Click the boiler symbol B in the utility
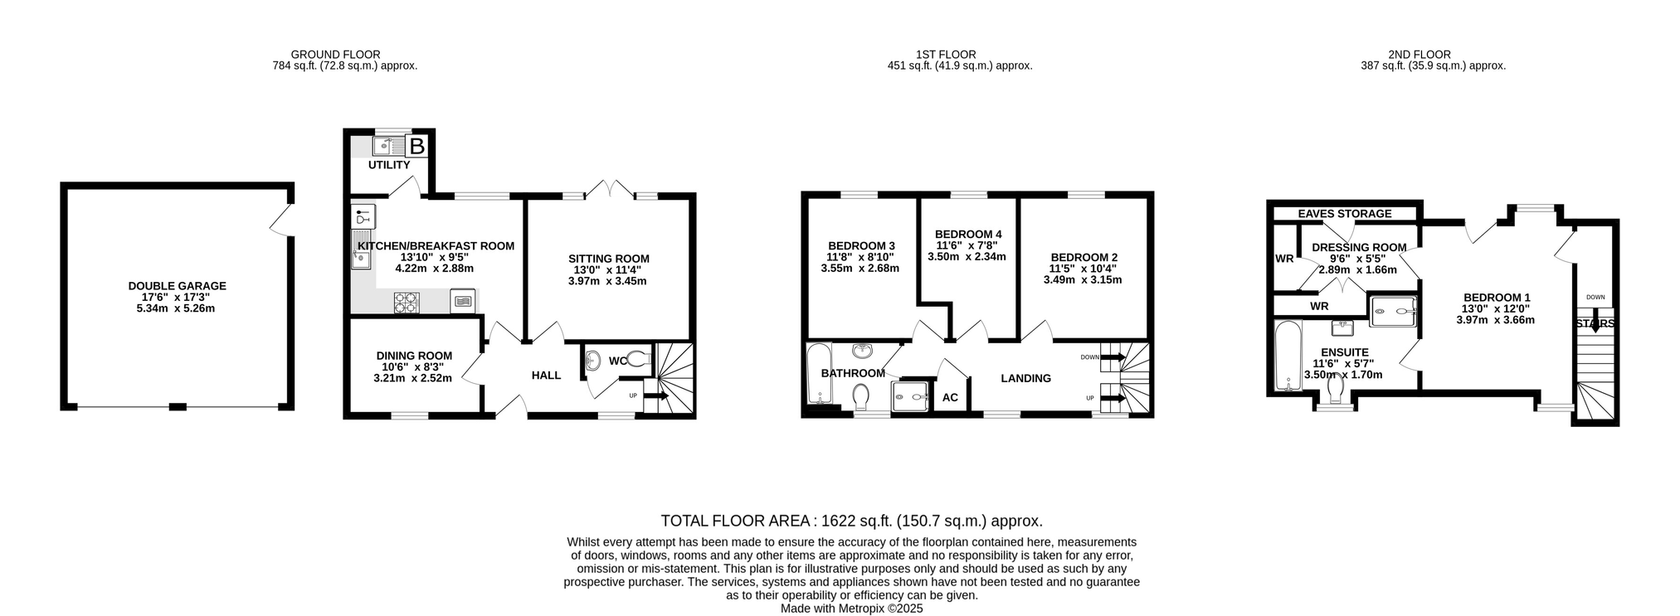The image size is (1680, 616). tap(417, 147)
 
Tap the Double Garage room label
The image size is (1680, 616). tap(177, 286)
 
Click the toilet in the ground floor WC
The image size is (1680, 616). tap(638, 360)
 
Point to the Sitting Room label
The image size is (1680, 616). tap(608, 259)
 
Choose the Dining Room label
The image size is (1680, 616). tap(414, 356)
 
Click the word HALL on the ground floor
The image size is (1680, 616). tap(546, 376)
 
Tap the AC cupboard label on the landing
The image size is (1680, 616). tap(950, 397)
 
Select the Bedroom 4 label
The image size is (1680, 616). tap(968, 235)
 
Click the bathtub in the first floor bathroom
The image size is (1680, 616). tap(819, 374)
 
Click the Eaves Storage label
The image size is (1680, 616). tap(1345, 214)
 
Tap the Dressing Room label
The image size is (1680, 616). tap(1359, 247)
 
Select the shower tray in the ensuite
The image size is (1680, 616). tap(1393, 312)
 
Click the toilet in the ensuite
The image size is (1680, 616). tap(1336, 390)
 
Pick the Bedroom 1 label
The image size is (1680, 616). tap(1497, 298)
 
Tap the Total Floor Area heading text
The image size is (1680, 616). tap(851, 521)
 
